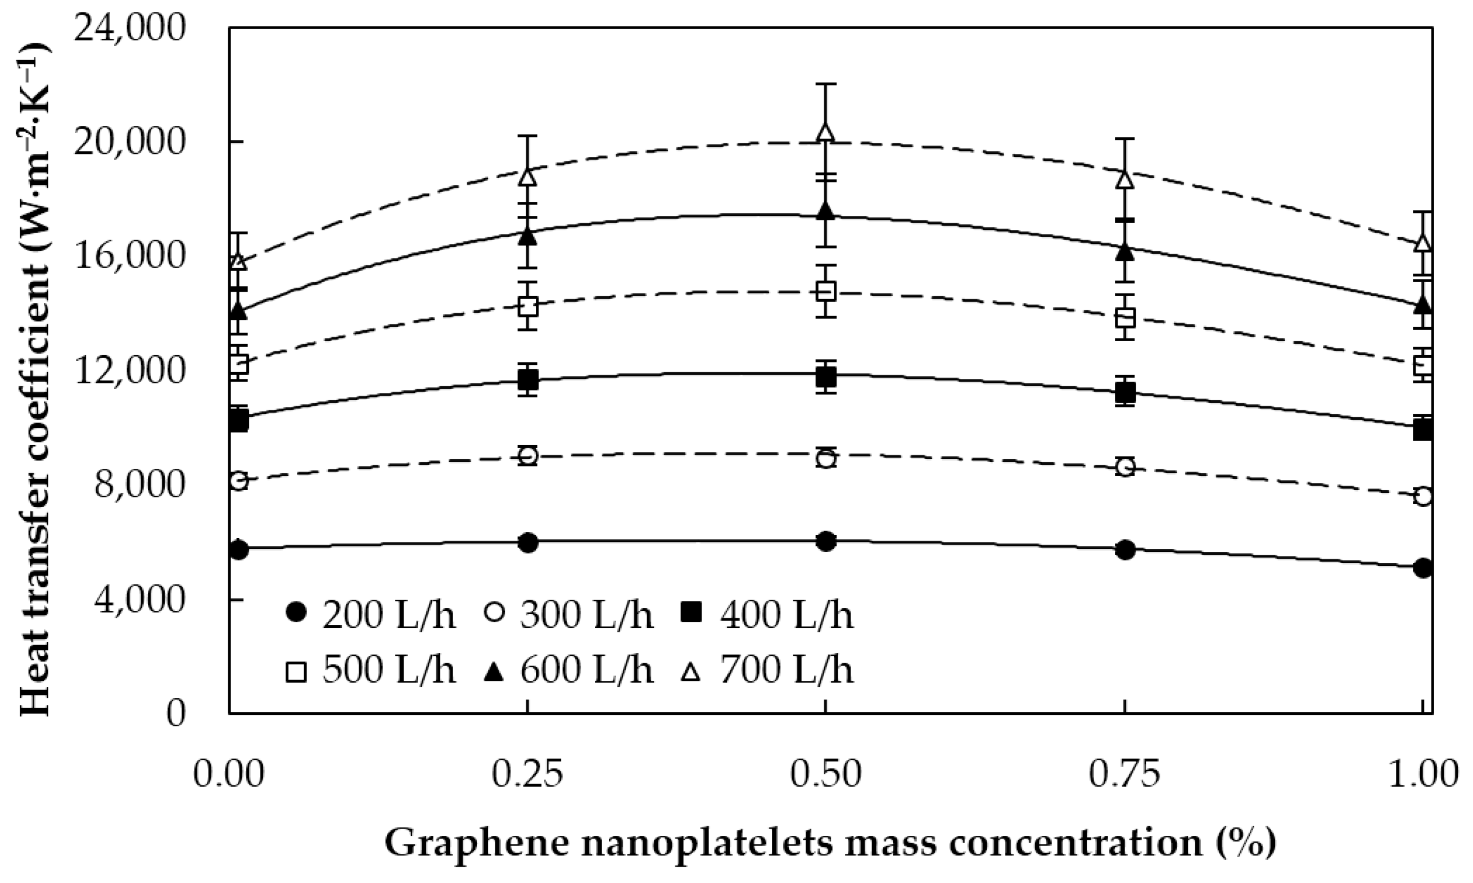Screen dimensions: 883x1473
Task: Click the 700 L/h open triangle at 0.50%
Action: [825, 133]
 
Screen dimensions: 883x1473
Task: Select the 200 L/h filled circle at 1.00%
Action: [1422, 568]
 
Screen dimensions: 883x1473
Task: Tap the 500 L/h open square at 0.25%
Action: [528, 307]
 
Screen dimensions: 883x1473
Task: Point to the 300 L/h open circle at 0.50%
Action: [825, 459]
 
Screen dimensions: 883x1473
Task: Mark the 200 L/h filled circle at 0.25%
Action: [528, 542]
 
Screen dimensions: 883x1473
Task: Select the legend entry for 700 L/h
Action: [768, 670]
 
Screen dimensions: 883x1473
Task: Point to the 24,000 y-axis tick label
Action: [130, 28]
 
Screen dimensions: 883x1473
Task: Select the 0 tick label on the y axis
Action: [175, 713]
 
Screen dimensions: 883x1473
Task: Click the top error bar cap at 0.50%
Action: [825, 84]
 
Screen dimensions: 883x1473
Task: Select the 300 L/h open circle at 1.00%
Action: [1422, 496]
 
